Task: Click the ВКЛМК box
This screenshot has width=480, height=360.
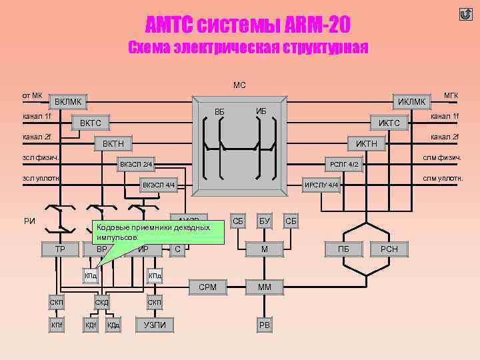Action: click(x=68, y=102)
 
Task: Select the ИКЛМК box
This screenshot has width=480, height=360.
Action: click(x=411, y=101)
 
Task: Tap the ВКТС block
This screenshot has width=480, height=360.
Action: click(x=91, y=123)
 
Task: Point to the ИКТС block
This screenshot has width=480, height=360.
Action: click(x=389, y=123)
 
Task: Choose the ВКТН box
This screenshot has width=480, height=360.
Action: click(x=113, y=143)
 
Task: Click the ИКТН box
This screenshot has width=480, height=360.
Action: click(x=366, y=143)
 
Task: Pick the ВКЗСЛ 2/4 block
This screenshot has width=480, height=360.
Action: click(x=137, y=164)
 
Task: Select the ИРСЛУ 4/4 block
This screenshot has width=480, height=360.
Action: click(x=322, y=185)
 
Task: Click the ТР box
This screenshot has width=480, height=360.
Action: click(x=59, y=249)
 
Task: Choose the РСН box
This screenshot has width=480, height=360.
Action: click(x=389, y=249)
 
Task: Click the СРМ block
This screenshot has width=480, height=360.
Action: click(x=208, y=287)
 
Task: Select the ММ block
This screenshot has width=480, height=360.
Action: click(x=264, y=287)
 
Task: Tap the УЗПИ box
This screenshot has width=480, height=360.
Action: click(x=155, y=325)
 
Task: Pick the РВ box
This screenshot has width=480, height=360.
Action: click(x=264, y=325)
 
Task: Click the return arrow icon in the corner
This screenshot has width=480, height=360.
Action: click(x=466, y=14)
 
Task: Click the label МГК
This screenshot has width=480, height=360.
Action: click(x=451, y=96)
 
